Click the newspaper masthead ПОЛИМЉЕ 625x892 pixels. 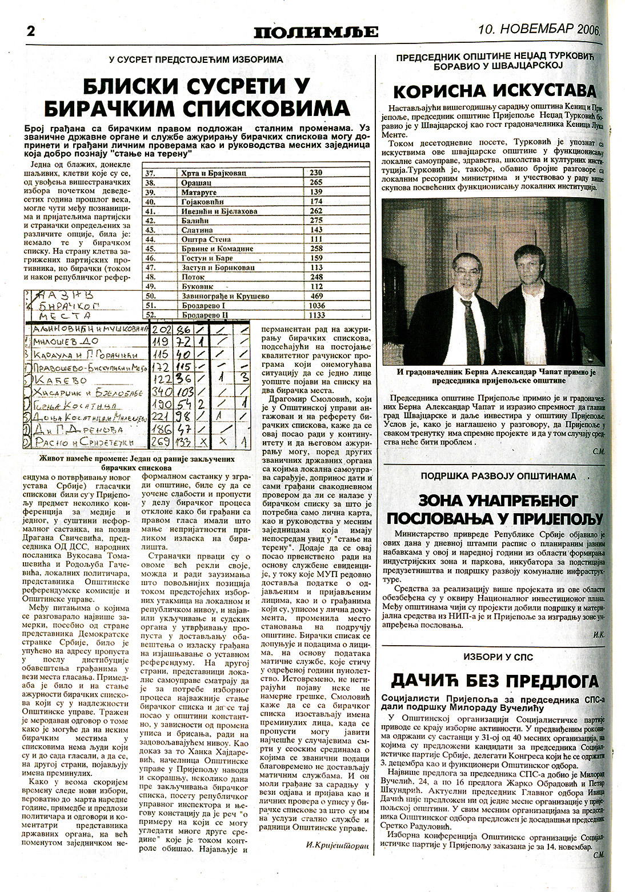point(316,31)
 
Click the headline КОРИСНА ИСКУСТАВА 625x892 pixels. point(494,90)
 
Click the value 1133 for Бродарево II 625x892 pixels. point(315,314)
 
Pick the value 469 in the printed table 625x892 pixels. point(315,296)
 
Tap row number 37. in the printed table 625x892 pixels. point(151,173)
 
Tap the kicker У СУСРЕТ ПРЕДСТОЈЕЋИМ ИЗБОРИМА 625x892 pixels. point(196,59)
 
